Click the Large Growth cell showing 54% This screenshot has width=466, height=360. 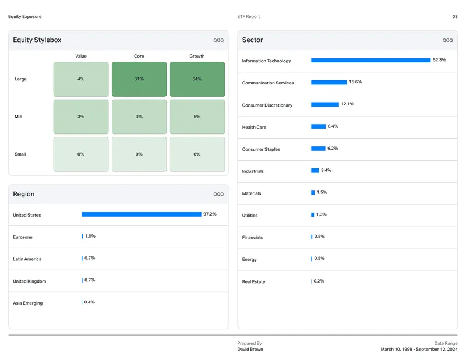point(197,79)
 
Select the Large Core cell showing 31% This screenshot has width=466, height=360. point(139,79)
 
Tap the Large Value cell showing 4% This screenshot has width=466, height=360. point(81,79)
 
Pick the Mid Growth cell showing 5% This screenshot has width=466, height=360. point(197,117)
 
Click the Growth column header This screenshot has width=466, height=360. point(197,56)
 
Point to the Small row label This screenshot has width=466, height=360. point(20,154)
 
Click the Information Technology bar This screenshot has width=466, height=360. point(370,60)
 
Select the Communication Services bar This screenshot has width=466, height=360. point(329,82)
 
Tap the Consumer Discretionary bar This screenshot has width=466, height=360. point(325,104)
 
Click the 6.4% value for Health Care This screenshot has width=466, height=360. point(333,126)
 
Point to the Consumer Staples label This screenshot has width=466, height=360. point(261,149)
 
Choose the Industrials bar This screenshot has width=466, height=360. point(315,170)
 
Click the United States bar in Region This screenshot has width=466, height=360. point(141,214)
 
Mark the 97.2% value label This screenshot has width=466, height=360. point(210,214)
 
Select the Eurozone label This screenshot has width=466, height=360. point(23,237)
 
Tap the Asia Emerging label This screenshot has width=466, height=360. point(27,303)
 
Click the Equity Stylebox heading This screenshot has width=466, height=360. point(37,40)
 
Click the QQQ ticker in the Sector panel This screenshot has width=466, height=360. point(447,40)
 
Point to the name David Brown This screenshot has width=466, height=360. point(250,350)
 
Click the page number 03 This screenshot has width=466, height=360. point(455,17)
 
